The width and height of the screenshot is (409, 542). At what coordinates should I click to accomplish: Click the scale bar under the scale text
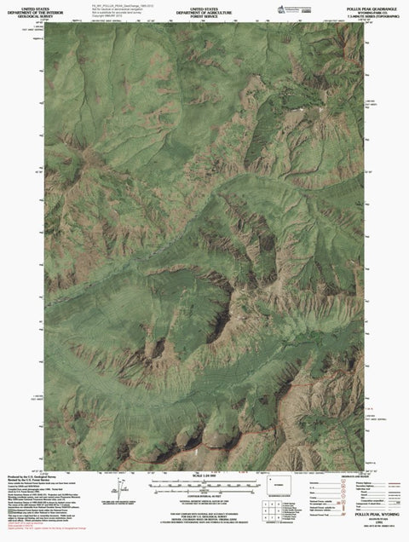pyautogui.click(x=204, y=483)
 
